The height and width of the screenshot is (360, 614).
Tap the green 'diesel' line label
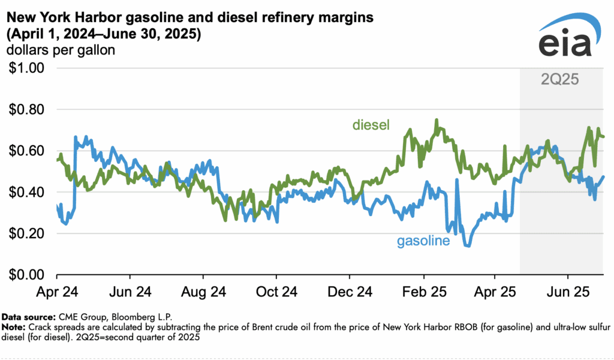(371, 125)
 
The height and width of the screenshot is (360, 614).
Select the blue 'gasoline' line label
(423, 241)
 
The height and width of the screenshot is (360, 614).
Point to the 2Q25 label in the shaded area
(559, 79)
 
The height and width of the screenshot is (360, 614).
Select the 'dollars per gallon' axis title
(61, 50)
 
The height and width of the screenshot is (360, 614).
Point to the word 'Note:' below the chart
(13, 327)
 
